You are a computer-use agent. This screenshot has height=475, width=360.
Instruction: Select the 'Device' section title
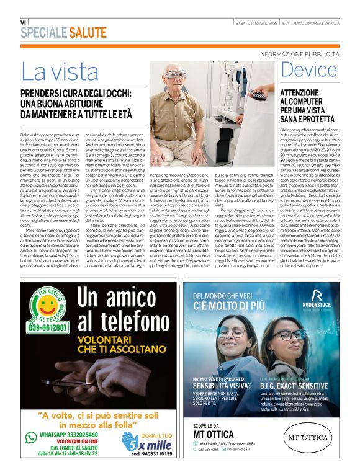click(x=308, y=70)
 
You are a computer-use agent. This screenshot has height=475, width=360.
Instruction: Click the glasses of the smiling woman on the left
click(x=232, y=332)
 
